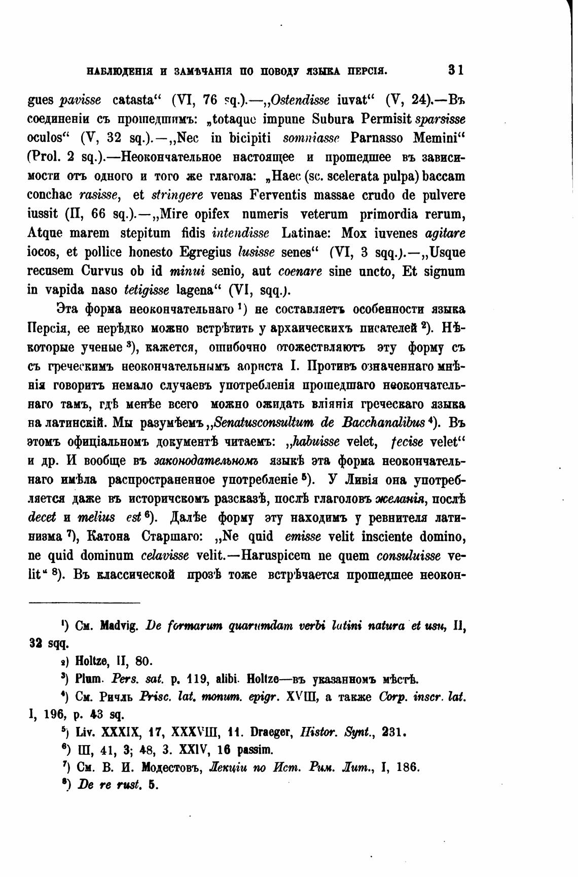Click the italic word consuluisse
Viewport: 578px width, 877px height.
pos(409,555)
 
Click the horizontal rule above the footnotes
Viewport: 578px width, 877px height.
pos(84,603)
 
